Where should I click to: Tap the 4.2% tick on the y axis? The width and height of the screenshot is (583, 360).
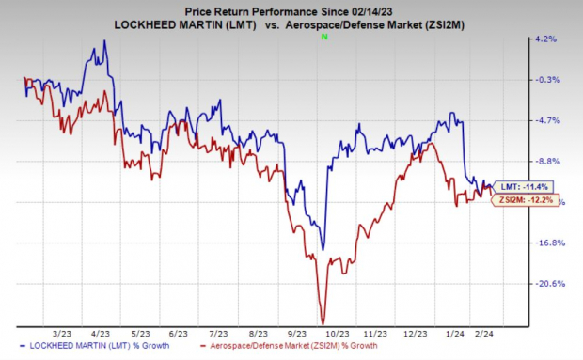click(x=548, y=39)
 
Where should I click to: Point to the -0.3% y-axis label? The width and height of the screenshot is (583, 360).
click(x=548, y=80)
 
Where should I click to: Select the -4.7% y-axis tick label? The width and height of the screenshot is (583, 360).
click(x=548, y=120)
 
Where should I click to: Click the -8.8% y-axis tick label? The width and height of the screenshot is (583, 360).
click(x=548, y=161)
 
